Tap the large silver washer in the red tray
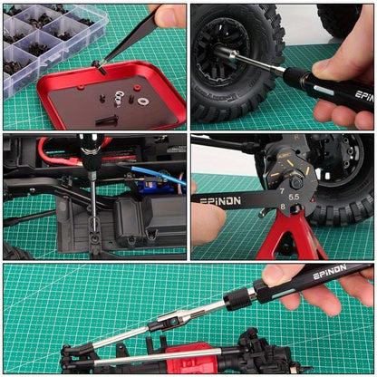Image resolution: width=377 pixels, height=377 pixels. pos(141,101)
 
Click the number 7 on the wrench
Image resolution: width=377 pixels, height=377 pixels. pos(282,191)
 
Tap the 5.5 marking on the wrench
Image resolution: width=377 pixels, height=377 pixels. pos(294,198)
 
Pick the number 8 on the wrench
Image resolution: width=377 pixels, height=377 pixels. pos(283,207)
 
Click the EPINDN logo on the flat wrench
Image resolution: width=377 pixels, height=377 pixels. pos(220,201)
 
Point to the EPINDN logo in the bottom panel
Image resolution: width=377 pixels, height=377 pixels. pos(330,272)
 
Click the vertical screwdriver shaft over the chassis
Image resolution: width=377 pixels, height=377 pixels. pos(93,198)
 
